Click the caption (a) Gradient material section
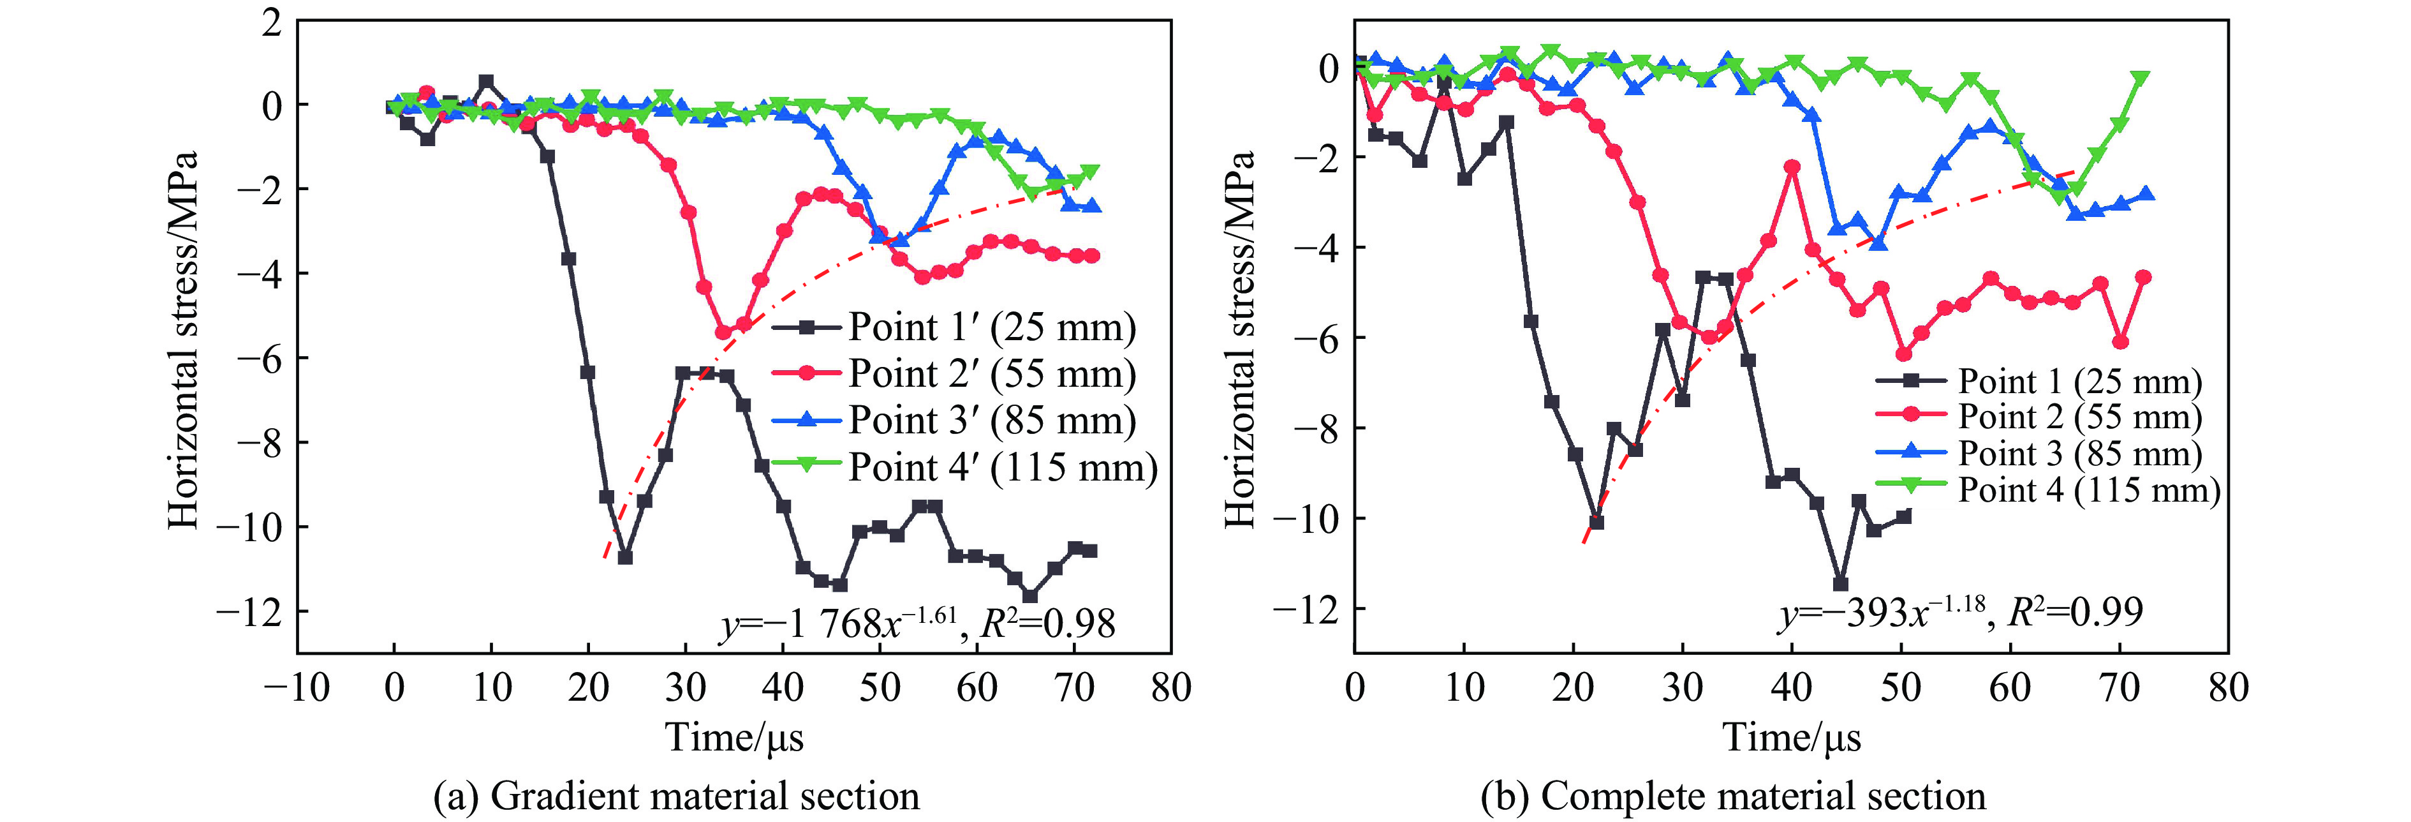[675, 796]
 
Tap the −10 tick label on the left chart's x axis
[297, 688]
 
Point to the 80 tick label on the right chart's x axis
[2227, 688]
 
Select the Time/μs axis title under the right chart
[1792, 738]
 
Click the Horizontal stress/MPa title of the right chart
[1239, 339]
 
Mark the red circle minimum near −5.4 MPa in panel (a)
[723, 331]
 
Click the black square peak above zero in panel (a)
[486, 82]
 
